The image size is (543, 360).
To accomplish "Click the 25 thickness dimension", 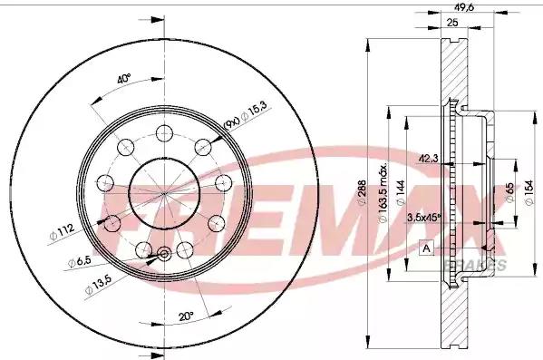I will [x=451, y=23].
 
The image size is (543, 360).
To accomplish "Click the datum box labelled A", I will [x=425, y=247].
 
